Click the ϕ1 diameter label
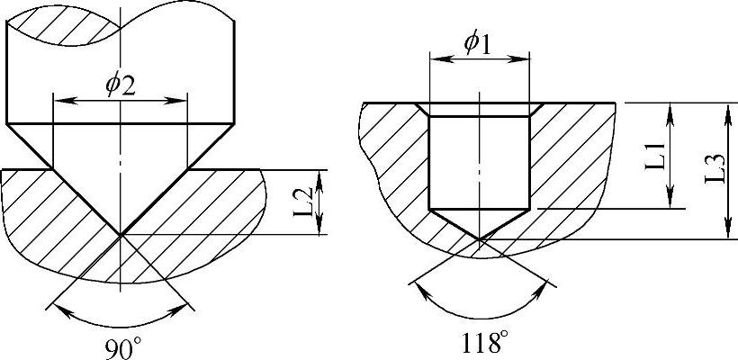click(x=477, y=45)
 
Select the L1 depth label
click(x=654, y=156)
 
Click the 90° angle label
click(x=121, y=349)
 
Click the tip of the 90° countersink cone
click(x=121, y=234)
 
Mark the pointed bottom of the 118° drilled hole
click(x=479, y=239)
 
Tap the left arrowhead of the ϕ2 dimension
click(x=61, y=101)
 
